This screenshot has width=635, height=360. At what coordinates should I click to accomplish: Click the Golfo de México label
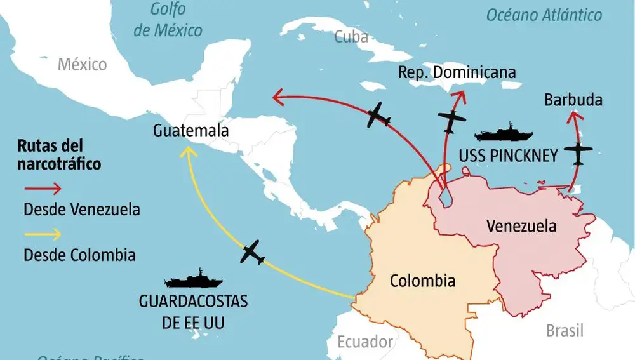click(168, 20)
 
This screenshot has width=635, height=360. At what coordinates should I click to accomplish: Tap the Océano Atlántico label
click(544, 15)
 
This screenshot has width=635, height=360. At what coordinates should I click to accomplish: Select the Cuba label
click(351, 37)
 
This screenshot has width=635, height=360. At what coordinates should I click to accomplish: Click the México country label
click(82, 64)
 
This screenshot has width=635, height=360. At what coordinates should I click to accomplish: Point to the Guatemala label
click(190, 131)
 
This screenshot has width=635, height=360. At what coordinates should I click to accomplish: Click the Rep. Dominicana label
click(457, 72)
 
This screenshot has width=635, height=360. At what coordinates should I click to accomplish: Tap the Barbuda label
click(573, 100)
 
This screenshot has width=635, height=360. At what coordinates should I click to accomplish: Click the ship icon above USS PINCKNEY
click(504, 133)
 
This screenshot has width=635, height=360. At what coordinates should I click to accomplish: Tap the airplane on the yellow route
click(253, 252)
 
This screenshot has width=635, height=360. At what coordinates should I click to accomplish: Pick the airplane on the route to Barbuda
click(578, 152)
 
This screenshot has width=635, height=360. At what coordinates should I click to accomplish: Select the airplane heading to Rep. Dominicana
click(451, 119)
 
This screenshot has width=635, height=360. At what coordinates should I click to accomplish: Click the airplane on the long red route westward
click(379, 115)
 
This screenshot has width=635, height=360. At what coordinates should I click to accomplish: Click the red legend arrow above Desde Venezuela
click(43, 189)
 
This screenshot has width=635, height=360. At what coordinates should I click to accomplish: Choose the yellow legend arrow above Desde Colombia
click(43, 234)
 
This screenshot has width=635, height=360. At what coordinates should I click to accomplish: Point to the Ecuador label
click(365, 342)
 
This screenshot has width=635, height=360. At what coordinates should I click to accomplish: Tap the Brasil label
click(565, 331)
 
